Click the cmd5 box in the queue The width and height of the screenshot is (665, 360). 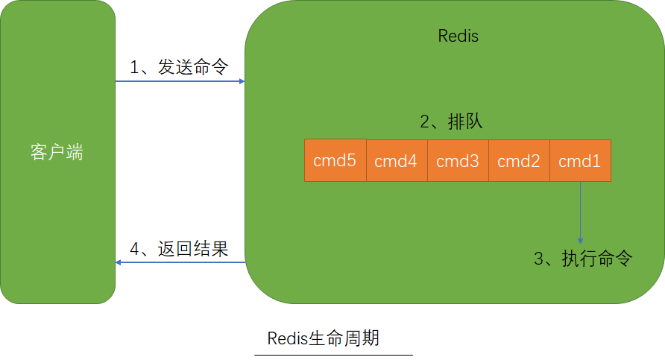335,160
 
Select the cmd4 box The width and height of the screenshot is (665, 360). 396,161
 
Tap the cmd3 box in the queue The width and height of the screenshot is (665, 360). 457,161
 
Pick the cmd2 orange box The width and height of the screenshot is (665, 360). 518,161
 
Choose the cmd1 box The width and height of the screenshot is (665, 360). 580,161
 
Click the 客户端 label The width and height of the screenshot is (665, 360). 57,153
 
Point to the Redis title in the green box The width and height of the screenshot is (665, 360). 458,36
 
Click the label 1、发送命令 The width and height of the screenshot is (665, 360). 179,67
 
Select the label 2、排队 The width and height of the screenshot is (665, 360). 451,122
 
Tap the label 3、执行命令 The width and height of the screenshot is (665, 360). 583,259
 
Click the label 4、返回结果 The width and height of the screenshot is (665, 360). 179,249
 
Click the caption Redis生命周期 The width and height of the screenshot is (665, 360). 324,338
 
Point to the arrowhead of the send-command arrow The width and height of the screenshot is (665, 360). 242,81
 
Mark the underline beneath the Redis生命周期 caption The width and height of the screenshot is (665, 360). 332,355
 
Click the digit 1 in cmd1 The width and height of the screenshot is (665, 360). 596,161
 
